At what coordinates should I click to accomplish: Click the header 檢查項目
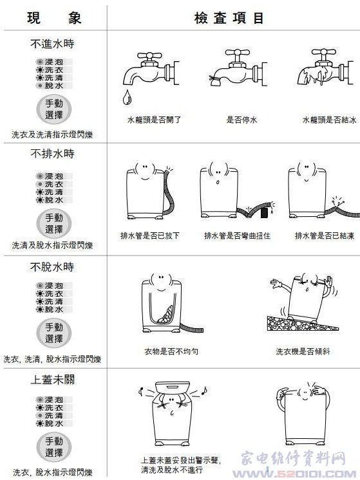point(229,18)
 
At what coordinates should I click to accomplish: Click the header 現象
point(54,18)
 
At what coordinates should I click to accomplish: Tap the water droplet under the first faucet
point(126,97)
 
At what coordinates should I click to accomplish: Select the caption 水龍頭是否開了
point(154,120)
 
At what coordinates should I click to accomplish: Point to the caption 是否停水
point(242,120)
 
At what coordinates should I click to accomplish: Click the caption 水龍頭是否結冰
point(329,120)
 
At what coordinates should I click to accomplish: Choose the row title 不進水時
point(52,44)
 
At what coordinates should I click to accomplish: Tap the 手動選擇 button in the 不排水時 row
point(54,223)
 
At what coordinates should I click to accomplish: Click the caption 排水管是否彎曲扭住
point(237,235)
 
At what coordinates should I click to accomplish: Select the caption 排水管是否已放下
point(150,235)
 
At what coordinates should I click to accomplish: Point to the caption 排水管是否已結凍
point(325,235)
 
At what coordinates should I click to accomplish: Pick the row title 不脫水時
point(52,267)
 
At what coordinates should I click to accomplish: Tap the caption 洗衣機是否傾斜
point(303,351)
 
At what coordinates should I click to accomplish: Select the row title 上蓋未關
point(52,380)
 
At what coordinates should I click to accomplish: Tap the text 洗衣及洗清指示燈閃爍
point(52,134)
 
